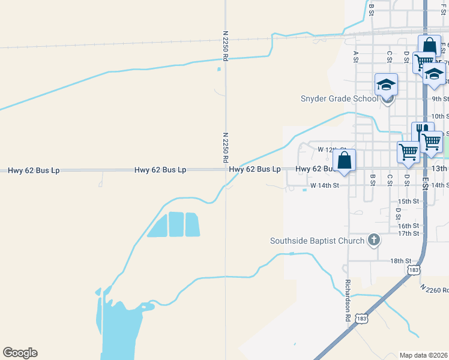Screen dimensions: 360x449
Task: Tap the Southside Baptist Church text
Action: click(x=317, y=241)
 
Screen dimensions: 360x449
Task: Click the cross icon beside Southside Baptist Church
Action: click(x=373, y=241)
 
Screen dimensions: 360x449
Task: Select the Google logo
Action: click(x=20, y=353)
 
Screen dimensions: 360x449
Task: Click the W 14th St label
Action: click(x=325, y=185)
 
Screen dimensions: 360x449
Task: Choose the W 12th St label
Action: click(x=332, y=149)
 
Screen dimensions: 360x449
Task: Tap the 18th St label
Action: click(x=400, y=261)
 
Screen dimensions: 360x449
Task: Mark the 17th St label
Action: click(x=408, y=233)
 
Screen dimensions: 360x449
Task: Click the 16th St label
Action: click(x=408, y=226)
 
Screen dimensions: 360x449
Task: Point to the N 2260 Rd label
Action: click(x=434, y=290)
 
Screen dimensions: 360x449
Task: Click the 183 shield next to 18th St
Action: click(x=413, y=271)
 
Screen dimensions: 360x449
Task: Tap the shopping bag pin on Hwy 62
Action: click(x=344, y=161)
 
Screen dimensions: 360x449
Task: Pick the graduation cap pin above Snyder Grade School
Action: click(x=387, y=85)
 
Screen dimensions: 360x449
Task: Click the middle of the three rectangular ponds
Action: click(x=176, y=224)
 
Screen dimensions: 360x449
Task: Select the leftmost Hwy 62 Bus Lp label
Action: click(x=34, y=170)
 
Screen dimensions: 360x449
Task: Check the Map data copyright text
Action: click(x=423, y=355)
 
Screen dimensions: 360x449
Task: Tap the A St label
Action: click(x=356, y=56)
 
